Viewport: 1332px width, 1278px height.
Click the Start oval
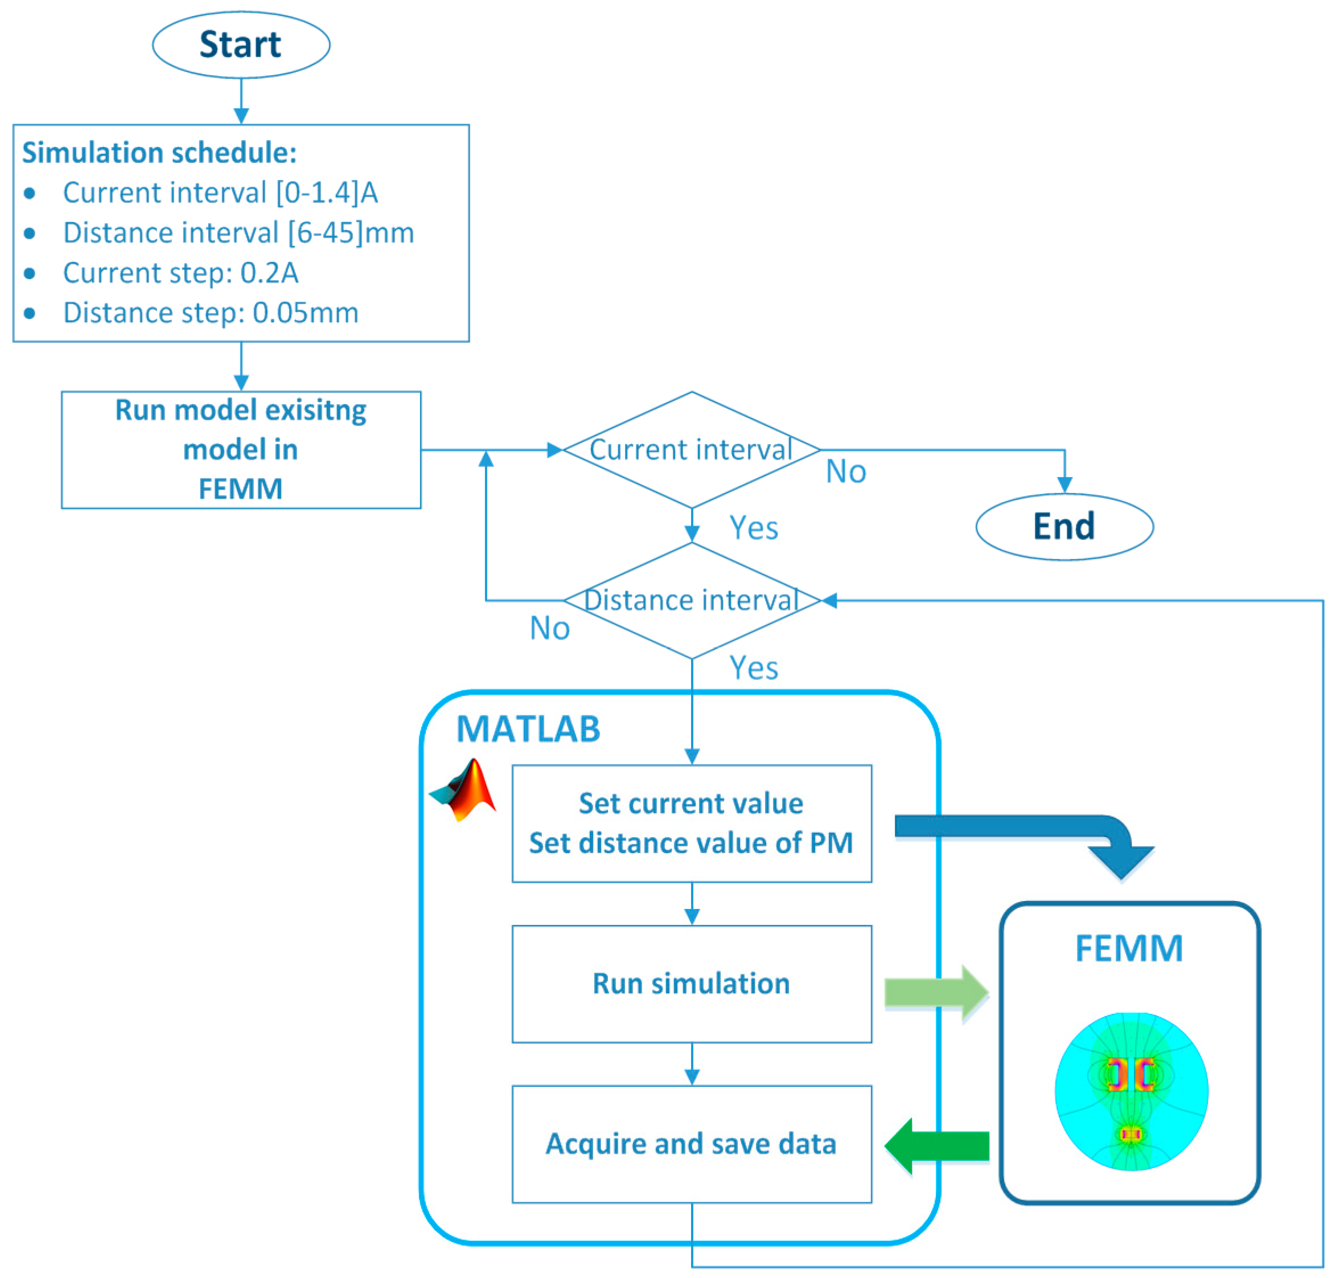241,44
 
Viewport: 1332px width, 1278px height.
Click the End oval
1064,527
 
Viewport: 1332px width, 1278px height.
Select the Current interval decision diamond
692,450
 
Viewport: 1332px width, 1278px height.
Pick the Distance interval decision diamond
692,600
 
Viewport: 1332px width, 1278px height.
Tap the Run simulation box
692,984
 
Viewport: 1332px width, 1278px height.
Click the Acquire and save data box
692,1144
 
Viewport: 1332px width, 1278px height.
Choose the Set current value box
692,823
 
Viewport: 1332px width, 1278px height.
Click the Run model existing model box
241,450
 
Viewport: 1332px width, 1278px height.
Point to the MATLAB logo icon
463,790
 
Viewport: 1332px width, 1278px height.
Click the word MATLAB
529,730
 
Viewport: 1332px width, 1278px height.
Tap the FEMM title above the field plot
1129,948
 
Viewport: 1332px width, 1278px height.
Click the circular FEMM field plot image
1132,1092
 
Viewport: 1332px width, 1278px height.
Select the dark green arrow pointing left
936,1146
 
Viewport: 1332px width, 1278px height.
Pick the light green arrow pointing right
936,993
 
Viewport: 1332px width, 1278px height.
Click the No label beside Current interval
846,472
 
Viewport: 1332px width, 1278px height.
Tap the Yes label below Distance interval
754,668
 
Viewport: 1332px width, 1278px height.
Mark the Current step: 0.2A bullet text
181,273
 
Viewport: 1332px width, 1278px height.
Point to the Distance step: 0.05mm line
211,313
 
